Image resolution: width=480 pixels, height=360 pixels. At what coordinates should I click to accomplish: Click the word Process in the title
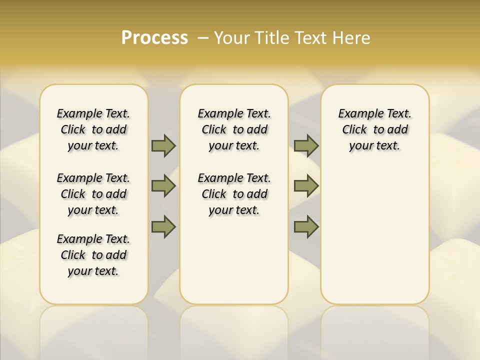[x=154, y=38]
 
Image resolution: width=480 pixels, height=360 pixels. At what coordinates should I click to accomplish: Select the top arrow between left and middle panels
[x=163, y=145]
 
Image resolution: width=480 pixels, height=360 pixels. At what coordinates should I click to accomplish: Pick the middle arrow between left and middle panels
[x=163, y=186]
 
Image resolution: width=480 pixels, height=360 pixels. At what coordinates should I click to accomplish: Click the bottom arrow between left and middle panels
[x=163, y=226]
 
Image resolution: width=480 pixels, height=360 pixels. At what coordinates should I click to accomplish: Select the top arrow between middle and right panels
[x=306, y=145]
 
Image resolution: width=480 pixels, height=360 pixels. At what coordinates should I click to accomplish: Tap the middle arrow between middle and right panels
[x=306, y=186]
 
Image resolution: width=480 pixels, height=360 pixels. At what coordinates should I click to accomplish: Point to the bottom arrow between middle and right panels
[x=306, y=226]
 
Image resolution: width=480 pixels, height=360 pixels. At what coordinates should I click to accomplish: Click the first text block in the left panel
[x=93, y=129]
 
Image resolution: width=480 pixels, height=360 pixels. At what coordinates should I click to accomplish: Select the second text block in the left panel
[x=93, y=194]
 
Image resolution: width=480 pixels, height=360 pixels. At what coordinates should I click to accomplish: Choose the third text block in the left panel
[x=93, y=255]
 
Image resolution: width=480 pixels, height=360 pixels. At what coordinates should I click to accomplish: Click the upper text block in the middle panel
[x=234, y=129]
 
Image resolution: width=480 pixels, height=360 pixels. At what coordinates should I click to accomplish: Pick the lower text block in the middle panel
[x=234, y=194]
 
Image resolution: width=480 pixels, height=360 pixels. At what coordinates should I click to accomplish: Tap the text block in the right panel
[x=375, y=129]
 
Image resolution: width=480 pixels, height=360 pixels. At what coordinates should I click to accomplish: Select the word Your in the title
[x=231, y=38]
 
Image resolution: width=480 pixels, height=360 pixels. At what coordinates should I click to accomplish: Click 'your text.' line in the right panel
[x=375, y=146]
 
